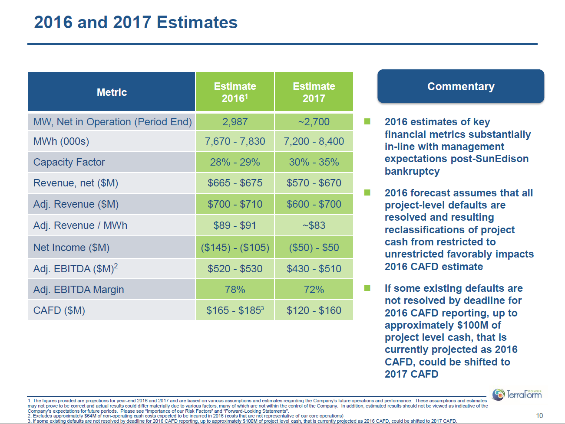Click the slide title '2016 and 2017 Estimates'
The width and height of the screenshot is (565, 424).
pos(135,23)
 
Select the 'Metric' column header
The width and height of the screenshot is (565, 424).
pos(112,92)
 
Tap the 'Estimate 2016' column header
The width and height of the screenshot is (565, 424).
pos(235,92)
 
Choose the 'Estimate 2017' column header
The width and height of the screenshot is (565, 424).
pos(314,92)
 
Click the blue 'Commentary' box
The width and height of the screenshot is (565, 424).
pos(460,86)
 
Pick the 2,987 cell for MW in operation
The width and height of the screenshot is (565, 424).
pos(235,122)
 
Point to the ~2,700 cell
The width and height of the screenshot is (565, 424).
pos(314,122)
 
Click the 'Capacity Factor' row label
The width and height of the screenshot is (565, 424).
pos(69,162)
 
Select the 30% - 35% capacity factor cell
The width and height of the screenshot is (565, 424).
pos(314,162)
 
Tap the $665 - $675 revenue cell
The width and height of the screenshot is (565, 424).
pos(235,183)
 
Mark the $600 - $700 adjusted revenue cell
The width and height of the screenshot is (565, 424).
pos(314,204)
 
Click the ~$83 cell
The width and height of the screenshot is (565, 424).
pos(314,225)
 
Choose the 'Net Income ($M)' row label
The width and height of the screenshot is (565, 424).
pos(72,248)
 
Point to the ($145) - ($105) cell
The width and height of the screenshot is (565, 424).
pos(235,248)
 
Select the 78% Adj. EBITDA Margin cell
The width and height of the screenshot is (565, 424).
pos(235,290)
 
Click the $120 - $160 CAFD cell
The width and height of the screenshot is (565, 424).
pos(314,310)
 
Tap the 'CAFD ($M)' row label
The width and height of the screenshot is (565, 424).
pos(59,310)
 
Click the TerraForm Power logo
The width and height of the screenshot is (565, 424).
pos(517,394)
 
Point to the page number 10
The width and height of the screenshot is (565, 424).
pos(539,416)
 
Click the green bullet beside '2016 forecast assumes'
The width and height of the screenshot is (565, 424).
pos(367,192)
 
